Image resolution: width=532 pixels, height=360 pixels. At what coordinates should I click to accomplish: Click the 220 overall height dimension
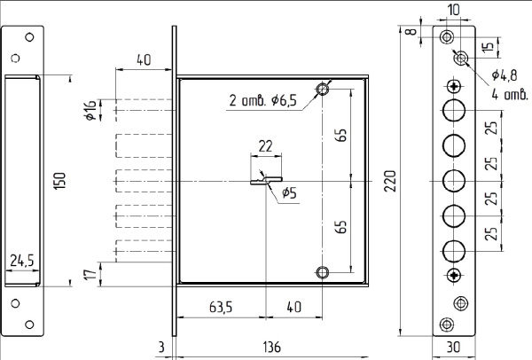click(390, 181)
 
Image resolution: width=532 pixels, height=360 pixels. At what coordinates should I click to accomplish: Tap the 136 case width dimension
click(272, 347)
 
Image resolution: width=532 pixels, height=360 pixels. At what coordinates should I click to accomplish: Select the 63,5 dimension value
click(221, 307)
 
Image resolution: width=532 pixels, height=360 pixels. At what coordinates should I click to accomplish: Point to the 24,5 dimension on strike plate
click(22, 261)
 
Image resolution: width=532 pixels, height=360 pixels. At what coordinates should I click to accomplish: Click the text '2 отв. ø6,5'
click(263, 100)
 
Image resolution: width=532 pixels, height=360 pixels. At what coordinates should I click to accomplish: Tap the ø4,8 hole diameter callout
click(505, 75)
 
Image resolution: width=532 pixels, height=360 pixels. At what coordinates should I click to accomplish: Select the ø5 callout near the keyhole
click(289, 192)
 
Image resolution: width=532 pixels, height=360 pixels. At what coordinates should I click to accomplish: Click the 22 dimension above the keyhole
click(265, 146)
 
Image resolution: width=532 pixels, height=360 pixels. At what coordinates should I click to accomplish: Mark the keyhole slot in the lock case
click(266, 181)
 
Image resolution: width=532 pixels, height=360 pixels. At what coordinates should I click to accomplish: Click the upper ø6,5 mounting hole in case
click(322, 90)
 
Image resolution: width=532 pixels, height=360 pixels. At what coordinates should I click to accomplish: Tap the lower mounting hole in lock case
click(323, 272)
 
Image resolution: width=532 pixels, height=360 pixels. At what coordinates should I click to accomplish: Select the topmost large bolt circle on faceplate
click(454, 110)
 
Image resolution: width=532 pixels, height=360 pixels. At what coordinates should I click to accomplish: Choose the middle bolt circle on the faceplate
click(454, 181)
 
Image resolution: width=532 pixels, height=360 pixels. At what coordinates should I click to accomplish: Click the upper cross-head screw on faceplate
click(454, 87)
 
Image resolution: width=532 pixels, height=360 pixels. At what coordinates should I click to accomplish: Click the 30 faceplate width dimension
click(453, 347)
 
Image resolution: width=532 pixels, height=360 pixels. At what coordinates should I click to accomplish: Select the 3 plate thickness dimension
click(161, 347)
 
